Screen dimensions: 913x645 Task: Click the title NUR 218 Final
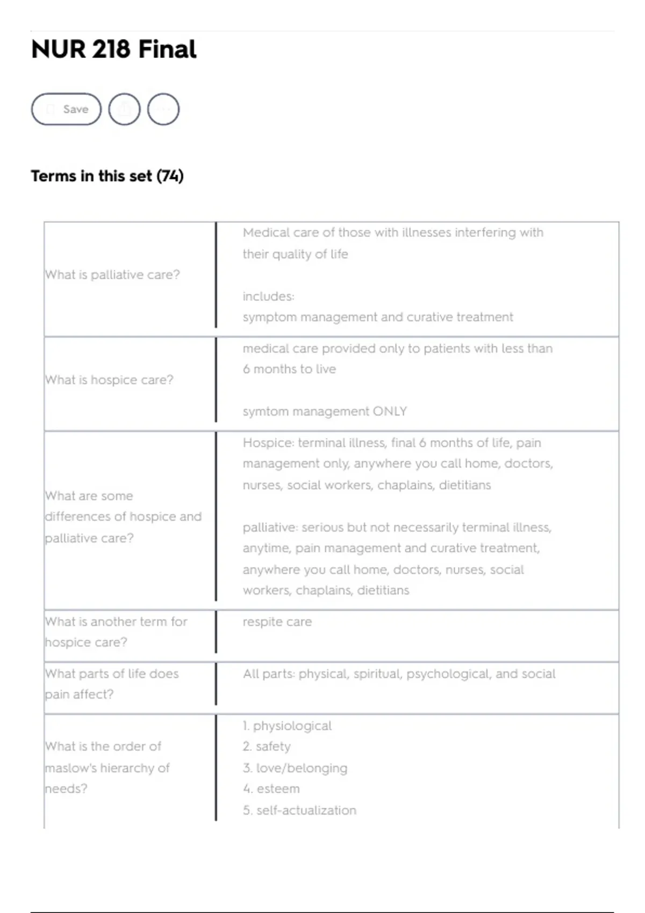[114, 49]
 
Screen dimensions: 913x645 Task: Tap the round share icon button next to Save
[124, 109]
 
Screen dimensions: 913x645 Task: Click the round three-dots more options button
[163, 109]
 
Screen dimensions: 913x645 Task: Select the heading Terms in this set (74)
[107, 176]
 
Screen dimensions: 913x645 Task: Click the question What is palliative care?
[113, 274]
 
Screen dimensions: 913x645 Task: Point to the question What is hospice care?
[110, 380]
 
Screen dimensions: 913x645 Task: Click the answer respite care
[277, 621]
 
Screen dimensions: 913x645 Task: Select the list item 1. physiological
[287, 726]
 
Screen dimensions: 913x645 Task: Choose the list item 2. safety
[267, 746]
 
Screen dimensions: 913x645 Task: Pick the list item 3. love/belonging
[295, 767]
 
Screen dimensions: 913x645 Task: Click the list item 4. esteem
[271, 788]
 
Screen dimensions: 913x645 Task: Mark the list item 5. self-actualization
[299, 810]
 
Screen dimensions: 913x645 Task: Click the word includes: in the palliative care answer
[268, 296]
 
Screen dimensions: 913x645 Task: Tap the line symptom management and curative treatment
[378, 317]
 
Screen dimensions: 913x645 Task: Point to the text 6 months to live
[289, 369]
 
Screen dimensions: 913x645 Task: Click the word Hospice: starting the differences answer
[268, 443]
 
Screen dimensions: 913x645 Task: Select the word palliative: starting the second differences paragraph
[270, 527]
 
